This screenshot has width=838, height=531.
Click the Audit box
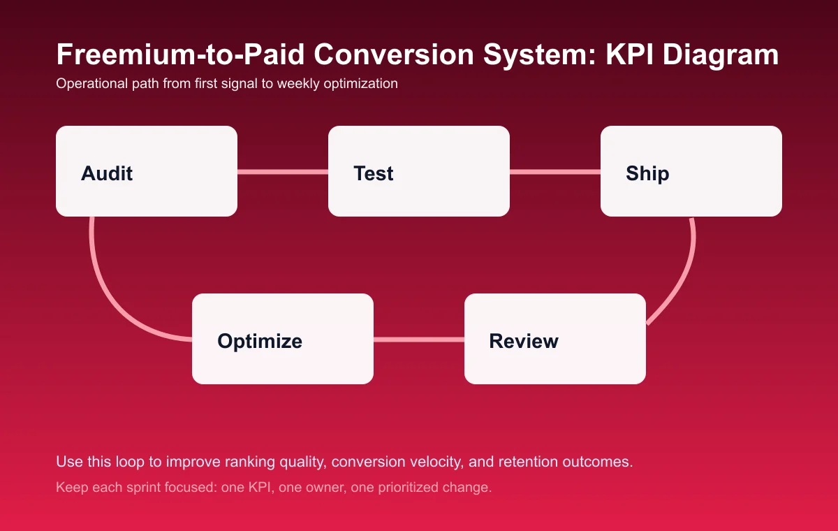[x=147, y=171]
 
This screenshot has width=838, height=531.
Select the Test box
[x=419, y=171]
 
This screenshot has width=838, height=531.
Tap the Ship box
[x=691, y=171]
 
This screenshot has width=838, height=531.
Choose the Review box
[x=555, y=339]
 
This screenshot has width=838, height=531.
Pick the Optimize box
[x=283, y=339]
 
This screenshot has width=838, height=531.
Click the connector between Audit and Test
[x=283, y=172]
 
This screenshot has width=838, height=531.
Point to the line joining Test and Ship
[x=555, y=172]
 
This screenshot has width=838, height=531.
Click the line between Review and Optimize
[x=419, y=340]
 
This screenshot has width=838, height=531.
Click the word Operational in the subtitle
[x=87, y=84]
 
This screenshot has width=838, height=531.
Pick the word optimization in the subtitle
[x=360, y=84]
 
